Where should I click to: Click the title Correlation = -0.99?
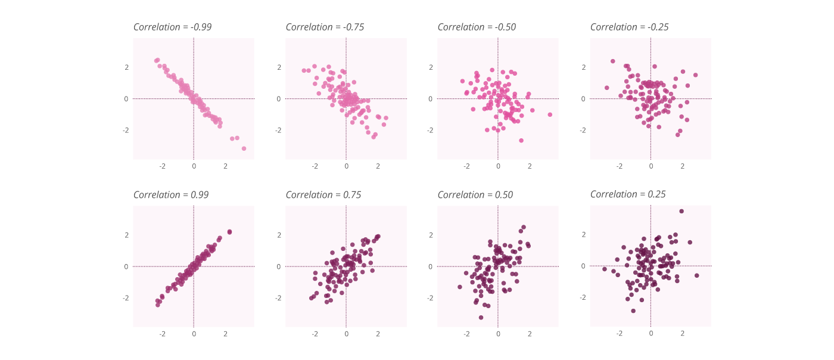(x=172, y=27)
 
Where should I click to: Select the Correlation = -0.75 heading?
(x=325, y=27)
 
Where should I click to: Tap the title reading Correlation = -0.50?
(x=477, y=27)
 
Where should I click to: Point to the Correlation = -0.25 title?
(x=629, y=27)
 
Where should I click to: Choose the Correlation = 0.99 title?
(x=171, y=195)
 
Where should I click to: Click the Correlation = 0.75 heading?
(x=323, y=195)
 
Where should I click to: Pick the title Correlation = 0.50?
(x=475, y=195)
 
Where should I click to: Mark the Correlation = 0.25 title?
(x=628, y=194)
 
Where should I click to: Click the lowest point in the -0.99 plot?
(x=244, y=148)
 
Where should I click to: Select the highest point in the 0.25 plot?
(x=681, y=211)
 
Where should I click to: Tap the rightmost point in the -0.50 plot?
(x=550, y=114)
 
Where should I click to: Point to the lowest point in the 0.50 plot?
(x=481, y=318)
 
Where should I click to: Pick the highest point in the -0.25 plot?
(x=612, y=61)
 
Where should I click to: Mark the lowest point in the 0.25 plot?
(x=633, y=311)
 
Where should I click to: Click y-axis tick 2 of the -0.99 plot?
(x=126, y=67)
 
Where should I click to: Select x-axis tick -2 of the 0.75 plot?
(x=315, y=334)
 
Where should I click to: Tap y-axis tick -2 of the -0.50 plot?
(x=431, y=130)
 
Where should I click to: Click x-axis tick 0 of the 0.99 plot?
(x=194, y=334)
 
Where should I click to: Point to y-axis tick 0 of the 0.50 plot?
(x=431, y=266)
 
